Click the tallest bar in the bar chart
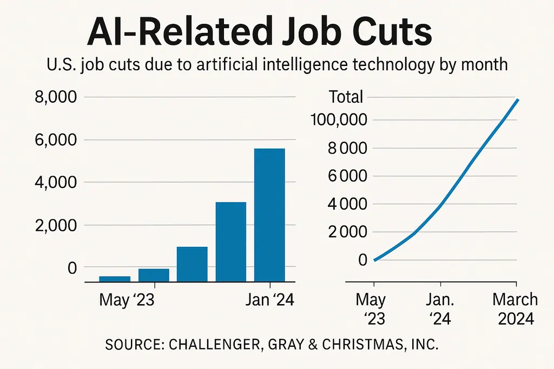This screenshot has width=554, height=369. click(269, 214)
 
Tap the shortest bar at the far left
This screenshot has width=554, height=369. click(115, 279)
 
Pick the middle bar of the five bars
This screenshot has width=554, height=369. click(192, 264)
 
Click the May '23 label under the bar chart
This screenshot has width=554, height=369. click(127, 300)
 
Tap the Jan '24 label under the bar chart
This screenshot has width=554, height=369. click(269, 300)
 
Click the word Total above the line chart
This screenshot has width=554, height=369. click(346, 97)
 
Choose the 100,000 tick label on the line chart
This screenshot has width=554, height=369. click(338, 119)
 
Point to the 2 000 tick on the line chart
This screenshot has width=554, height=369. click(347, 232)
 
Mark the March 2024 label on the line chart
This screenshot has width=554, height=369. click(516, 308)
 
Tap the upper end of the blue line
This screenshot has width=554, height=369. click(518, 100)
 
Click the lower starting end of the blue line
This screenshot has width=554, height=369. click(374, 260)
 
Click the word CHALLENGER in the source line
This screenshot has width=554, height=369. click(200, 344)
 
